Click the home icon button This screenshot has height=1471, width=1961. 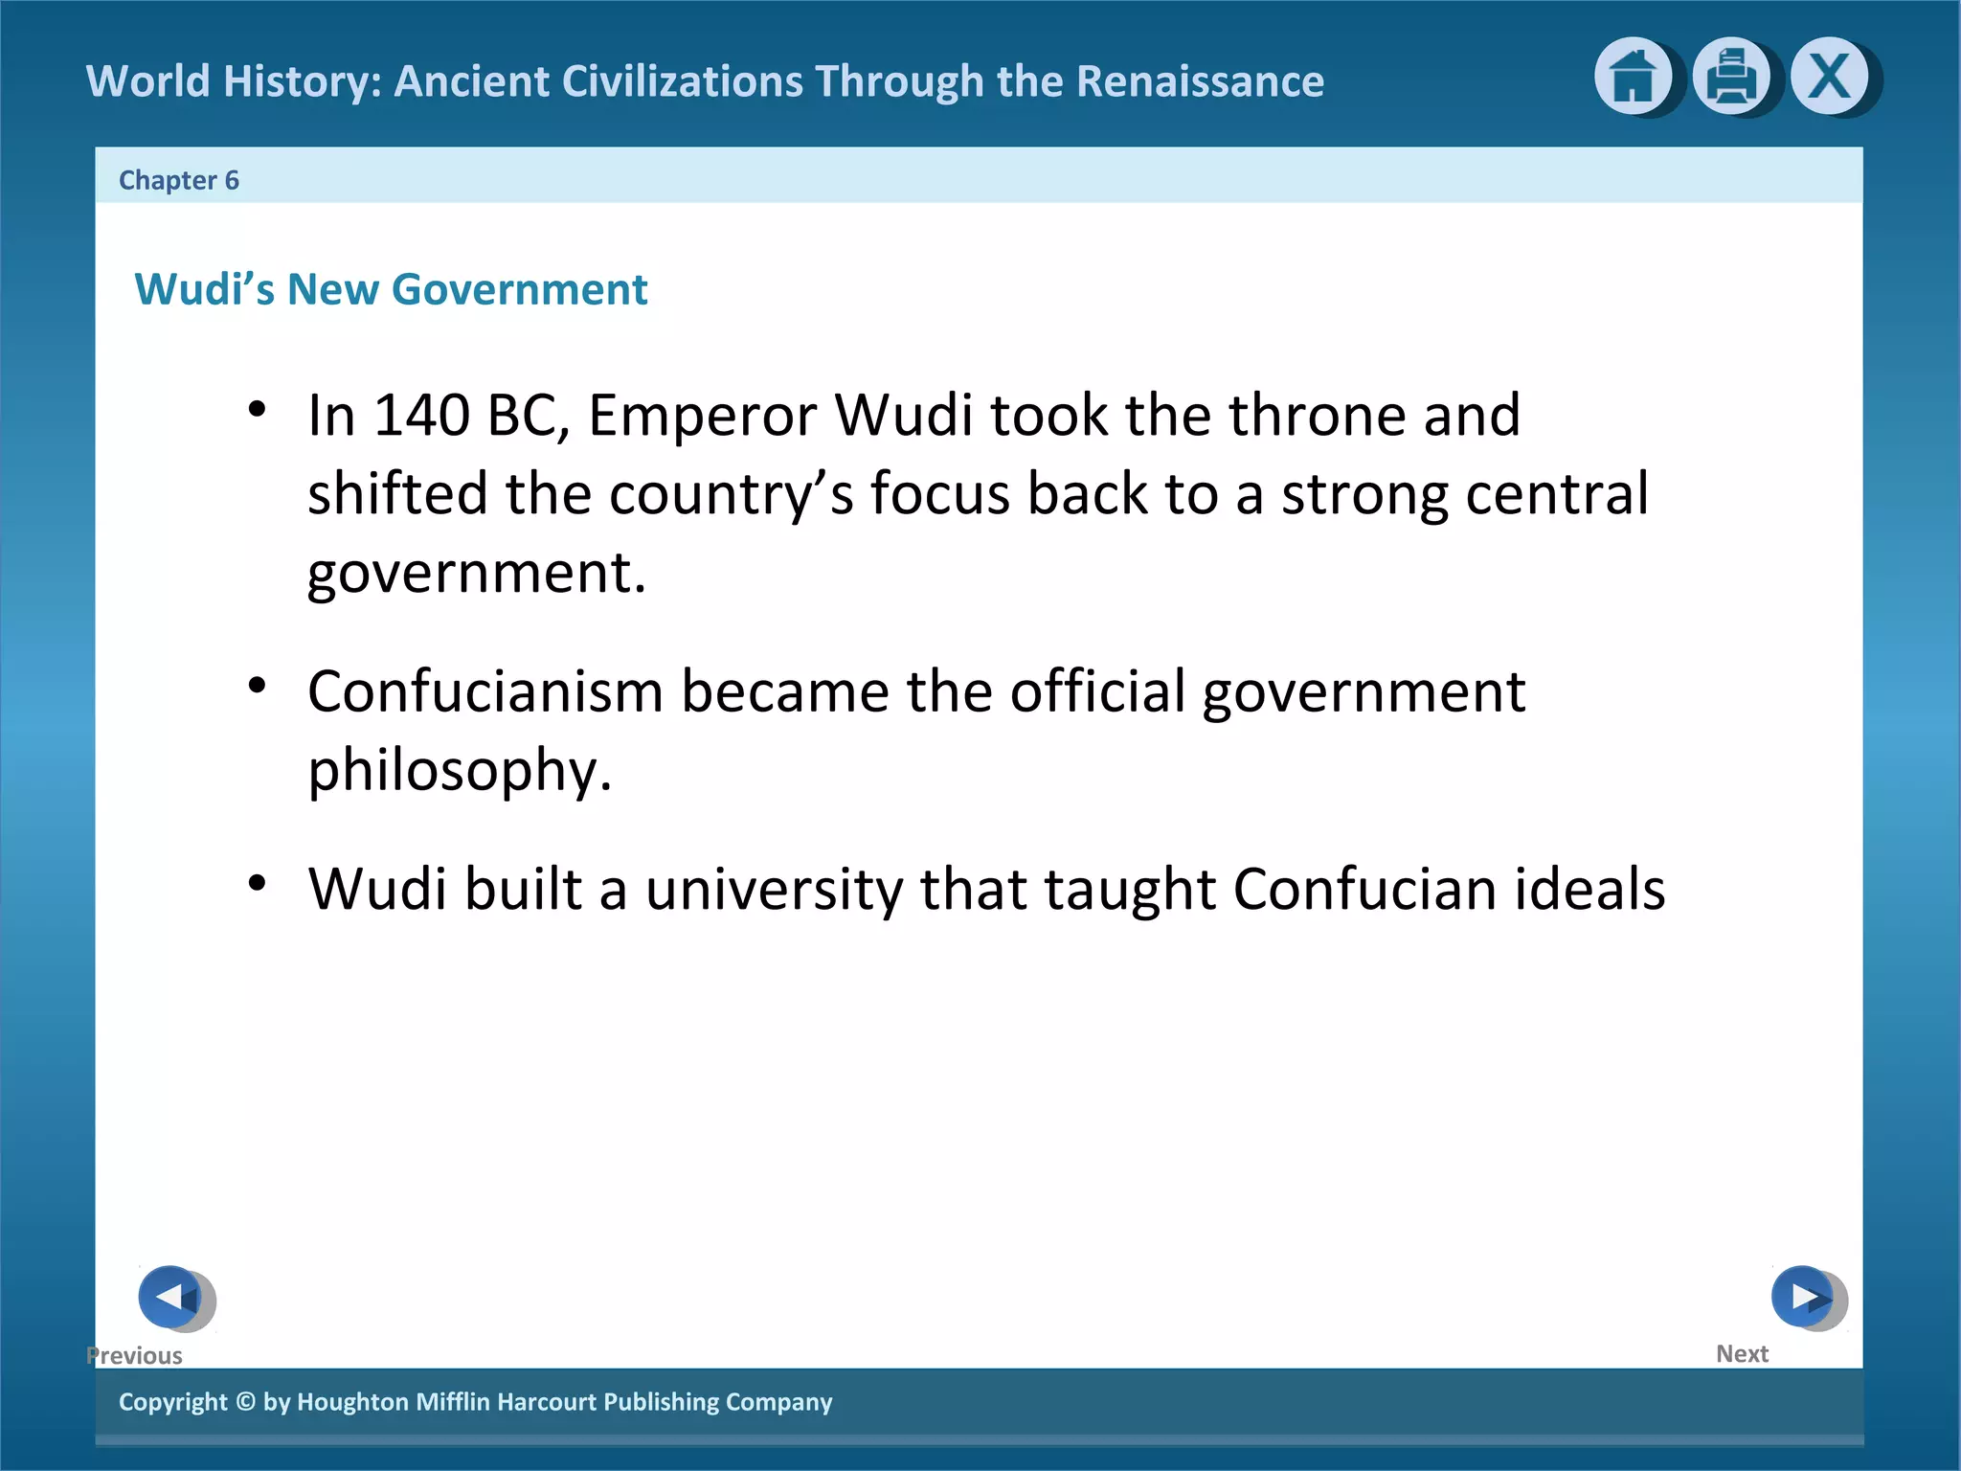[1633, 77]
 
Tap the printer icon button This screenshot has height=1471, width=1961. [1730, 77]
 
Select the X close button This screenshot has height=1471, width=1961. [1829, 77]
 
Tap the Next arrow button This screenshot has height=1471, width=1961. [1803, 1298]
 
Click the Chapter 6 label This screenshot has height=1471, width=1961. [178, 180]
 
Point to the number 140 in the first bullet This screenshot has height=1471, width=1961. [421, 416]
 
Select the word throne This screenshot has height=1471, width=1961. [1317, 416]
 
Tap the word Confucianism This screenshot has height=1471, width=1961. [485, 691]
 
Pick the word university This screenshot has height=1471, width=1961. [774, 890]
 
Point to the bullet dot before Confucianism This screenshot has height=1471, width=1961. [257, 686]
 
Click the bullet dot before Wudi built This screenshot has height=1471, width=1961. [257, 883]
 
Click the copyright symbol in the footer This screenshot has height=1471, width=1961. [245, 1402]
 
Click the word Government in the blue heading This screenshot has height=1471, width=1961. [520, 289]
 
